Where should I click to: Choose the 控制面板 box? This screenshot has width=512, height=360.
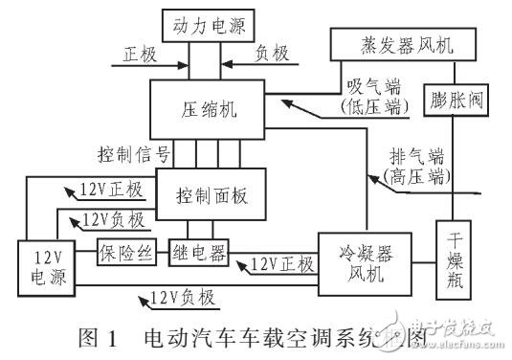(208, 194)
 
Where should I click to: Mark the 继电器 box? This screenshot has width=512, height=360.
(196, 254)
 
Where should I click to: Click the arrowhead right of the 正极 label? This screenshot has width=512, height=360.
(181, 66)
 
